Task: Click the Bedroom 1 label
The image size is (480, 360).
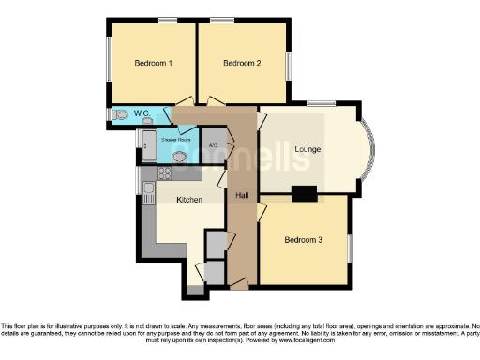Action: click(x=153, y=63)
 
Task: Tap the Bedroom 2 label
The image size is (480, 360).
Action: click(x=242, y=63)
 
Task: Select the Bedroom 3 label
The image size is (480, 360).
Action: click(x=303, y=240)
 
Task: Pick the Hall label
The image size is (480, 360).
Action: click(x=242, y=195)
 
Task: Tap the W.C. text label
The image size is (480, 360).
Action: click(x=142, y=113)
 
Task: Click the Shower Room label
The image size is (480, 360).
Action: click(x=175, y=141)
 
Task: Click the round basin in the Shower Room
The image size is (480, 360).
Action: click(x=178, y=157)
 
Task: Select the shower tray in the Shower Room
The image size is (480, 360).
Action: click(x=149, y=146)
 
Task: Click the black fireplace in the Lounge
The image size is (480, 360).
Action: click(x=304, y=194)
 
